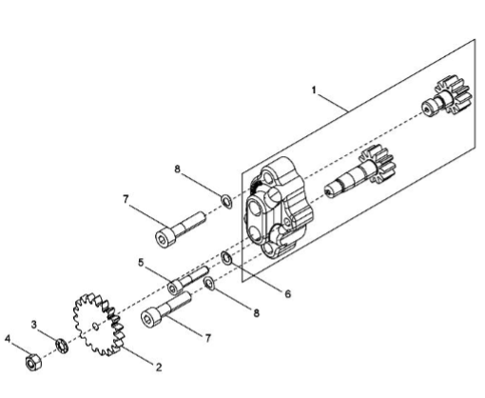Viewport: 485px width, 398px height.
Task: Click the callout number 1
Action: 314,90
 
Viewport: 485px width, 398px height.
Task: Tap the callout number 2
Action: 159,368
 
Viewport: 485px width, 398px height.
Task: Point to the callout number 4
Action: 8,339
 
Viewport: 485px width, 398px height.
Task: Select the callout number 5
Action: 141,263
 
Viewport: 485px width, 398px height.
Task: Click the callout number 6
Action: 287,294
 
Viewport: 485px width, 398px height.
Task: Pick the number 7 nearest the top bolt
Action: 126,199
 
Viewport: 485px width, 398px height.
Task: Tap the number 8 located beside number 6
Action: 256,313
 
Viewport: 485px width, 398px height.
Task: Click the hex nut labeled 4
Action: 32,362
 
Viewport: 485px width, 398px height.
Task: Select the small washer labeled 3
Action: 62,346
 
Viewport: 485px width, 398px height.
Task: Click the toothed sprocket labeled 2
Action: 97,325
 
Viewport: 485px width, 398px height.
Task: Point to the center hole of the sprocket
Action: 95,326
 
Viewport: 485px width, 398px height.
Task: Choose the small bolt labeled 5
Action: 188,280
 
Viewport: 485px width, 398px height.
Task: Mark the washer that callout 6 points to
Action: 226,258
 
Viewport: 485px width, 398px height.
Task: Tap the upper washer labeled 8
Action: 226,202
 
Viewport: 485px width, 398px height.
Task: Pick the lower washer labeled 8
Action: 209,284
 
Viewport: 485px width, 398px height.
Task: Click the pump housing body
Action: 278,208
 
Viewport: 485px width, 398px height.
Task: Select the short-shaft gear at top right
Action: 447,95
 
